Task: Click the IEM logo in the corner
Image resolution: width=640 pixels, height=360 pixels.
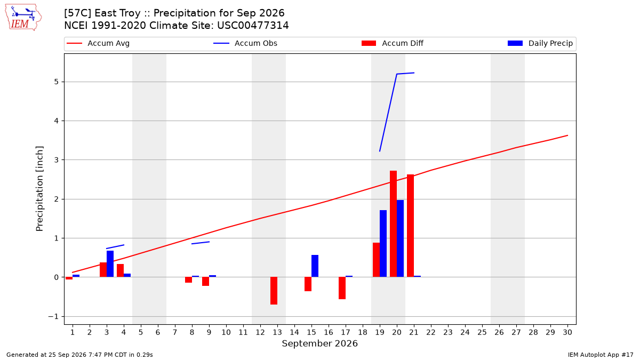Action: [x=23, y=18]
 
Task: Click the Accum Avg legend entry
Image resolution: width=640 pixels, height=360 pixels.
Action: [x=98, y=43]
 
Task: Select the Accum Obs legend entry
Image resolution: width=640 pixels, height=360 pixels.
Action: [x=245, y=43]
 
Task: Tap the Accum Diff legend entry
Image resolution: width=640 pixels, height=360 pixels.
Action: [x=393, y=43]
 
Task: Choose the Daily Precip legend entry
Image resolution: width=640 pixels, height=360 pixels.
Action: [x=540, y=43]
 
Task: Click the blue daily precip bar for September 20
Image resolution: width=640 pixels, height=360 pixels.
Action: [x=401, y=238]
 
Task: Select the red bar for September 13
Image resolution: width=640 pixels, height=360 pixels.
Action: [x=274, y=291]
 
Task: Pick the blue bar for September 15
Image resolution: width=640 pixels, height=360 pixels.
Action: [x=315, y=266]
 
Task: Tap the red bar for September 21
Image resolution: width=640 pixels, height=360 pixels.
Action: [x=410, y=226]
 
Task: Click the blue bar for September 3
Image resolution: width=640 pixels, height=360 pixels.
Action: [x=110, y=264]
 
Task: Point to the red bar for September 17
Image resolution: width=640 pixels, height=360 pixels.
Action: [x=342, y=288]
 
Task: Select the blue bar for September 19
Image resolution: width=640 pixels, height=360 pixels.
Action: [x=383, y=244]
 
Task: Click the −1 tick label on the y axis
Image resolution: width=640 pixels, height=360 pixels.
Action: [x=53, y=317]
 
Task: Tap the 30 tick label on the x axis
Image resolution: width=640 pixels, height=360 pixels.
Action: [x=567, y=332]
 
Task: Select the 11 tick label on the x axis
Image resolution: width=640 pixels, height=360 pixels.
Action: [x=243, y=332]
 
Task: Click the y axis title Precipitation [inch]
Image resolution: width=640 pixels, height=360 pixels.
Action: [x=39, y=189]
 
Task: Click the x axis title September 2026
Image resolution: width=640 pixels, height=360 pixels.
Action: [x=319, y=343]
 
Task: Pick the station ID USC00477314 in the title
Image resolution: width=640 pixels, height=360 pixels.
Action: [x=253, y=26]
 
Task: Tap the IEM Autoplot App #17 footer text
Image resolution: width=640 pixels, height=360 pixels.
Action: [x=601, y=355]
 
